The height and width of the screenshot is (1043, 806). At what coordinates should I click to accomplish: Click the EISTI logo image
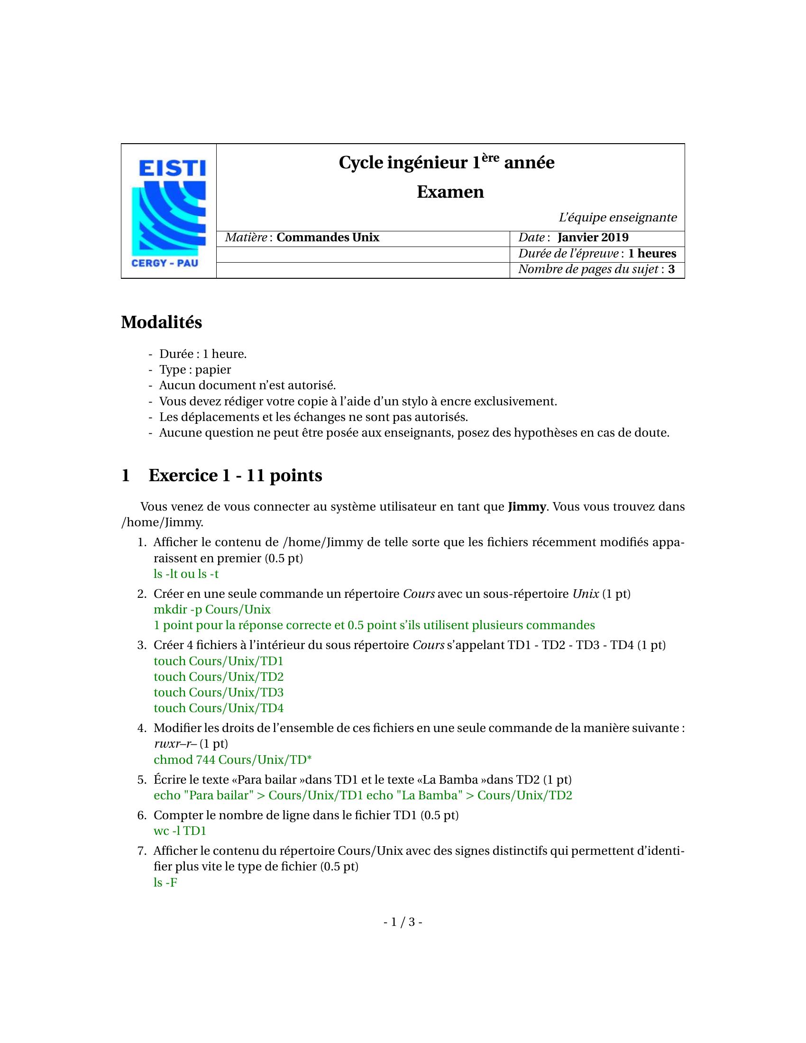pyautogui.click(x=169, y=211)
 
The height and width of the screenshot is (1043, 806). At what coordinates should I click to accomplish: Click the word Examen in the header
pyautogui.click(x=450, y=192)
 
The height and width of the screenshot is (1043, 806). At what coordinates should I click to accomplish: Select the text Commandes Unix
pyautogui.click(x=328, y=238)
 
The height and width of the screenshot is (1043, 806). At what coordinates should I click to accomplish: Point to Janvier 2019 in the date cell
pyautogui.click(x=593, y=238)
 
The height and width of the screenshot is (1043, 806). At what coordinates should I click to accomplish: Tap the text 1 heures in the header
pyautogui.click(x=652, y=254)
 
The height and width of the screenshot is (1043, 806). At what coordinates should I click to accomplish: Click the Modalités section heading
pyautogui.click(x=161, y=322)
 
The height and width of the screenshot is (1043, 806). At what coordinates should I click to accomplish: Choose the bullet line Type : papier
pyautogui.click(x=195, y=370)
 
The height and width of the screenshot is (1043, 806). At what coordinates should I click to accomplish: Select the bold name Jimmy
pyautogui.click(x=526, y=507)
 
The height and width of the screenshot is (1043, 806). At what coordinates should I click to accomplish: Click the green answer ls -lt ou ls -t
pyautogui.click(x=186, y=574)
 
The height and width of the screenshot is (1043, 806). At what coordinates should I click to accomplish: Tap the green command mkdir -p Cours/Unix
pyautogui.click(x=212, y=610)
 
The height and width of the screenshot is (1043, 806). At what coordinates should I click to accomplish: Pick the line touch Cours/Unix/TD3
pyautogui.click(x=219, y=693)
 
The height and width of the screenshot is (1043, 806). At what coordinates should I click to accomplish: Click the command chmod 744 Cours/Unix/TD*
pyautogui.click(x=232, y=760)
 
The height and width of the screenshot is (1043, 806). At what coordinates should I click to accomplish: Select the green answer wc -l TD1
pyautogui.click(x=180, y=831)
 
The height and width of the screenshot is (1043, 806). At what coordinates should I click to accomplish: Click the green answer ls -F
pyautogui.click(x=165, y=883)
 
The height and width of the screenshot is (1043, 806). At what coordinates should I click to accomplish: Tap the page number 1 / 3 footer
pyautogui.click(x=403, y=922)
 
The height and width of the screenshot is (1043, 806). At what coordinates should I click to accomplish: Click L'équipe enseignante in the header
pyautogui.click(x=617, y=218)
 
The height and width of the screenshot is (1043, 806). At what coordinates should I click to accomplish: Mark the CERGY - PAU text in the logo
pyautogui.click(x=165, y=263)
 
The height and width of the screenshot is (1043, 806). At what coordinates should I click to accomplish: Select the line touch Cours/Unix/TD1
pyautogui.click(x=219, y=661)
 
